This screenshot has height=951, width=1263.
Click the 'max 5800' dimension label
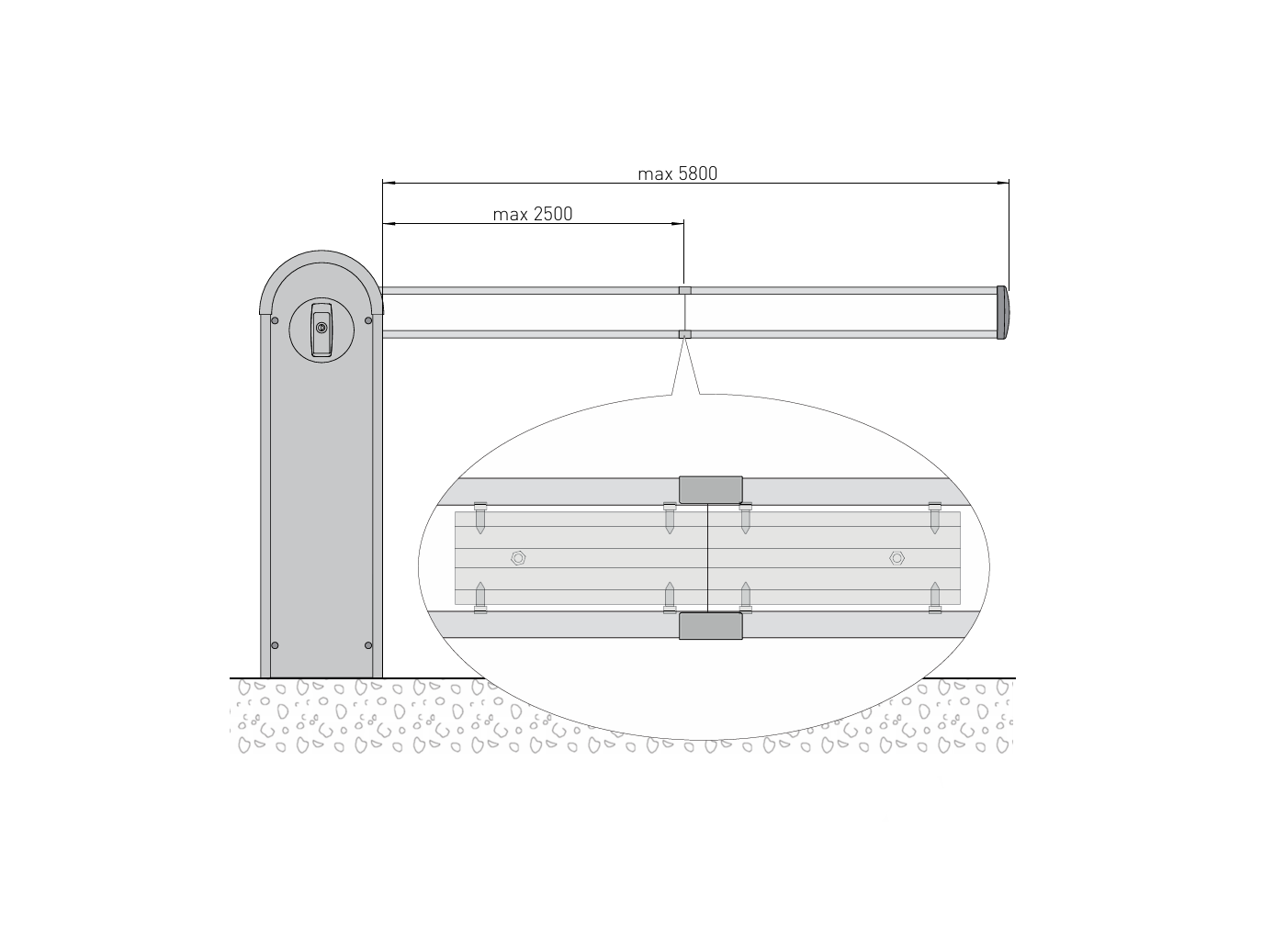[x=677, y=173]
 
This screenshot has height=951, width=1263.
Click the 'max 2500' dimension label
[x=532, y=214]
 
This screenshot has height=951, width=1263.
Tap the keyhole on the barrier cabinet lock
[x=321, y=328]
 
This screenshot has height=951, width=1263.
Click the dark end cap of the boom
[x=1002, y=312]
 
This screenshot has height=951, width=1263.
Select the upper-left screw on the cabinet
[x=275, y=320]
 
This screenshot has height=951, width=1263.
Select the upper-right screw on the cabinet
[x=368, y=320]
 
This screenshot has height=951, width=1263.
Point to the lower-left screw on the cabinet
[x=275, y=645]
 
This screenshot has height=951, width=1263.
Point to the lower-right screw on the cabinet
[x=368, y=645]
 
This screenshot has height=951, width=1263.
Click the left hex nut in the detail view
[x=518, y=558]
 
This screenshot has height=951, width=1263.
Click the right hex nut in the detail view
[x=897, y=558]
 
